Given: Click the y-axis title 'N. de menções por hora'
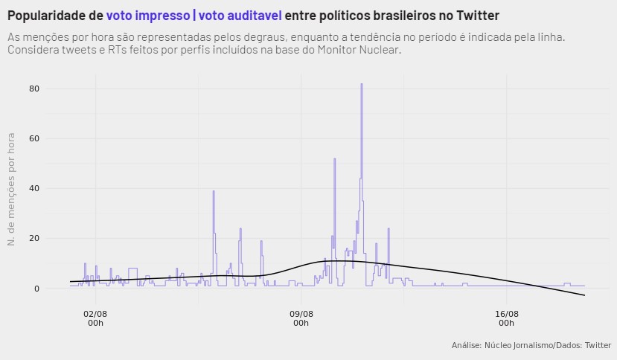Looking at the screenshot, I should coord(11,188).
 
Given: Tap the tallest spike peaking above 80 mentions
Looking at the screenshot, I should coord(362,85).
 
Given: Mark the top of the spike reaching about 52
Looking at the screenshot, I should coord(335,159).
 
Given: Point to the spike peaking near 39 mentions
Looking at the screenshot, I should coord(214,192).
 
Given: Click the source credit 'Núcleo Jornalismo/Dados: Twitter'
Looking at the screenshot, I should coord(531,345).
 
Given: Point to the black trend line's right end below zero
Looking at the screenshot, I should coord(584,295).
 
